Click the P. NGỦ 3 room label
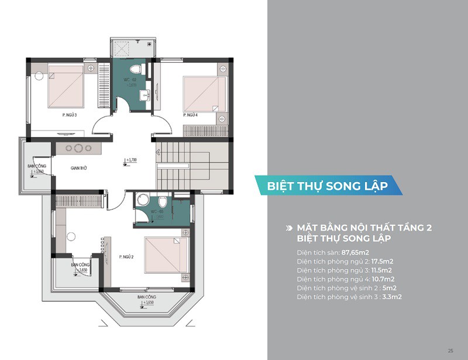coord(69,115)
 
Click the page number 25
coord(450,350)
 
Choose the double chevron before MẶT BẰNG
coord(288,228)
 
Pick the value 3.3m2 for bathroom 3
coord(389,297)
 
